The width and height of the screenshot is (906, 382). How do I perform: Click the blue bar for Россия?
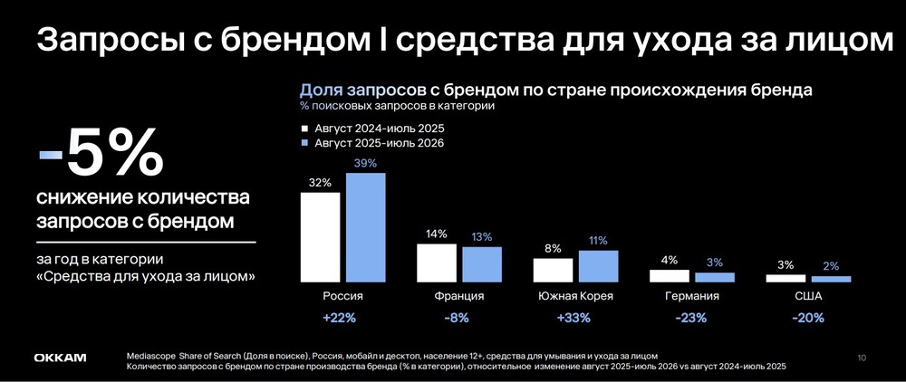click(x=366, y=227)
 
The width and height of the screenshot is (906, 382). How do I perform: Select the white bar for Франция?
click(x=437, y=263)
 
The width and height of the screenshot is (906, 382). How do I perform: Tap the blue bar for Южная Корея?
click(x=598, y=267)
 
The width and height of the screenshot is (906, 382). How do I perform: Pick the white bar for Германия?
click(x=670, y=276)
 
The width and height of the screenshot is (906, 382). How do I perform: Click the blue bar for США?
click(x=831, y=280)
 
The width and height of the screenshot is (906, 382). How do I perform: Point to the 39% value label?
click(x=365, y=163)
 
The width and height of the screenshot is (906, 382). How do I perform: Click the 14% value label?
click(x=437, y=234)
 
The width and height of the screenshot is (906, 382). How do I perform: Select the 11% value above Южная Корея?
click(x=598, y=241)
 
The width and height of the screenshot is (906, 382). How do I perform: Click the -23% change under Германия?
click(x=691, y=318)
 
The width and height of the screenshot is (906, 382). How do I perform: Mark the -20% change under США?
click(x=808, y=318)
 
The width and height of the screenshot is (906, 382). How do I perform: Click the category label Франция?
click(x=459, y=297)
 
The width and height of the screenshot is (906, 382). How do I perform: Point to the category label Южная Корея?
click(x=575, y=297)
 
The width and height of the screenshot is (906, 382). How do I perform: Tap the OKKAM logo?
click(x=60, y=358)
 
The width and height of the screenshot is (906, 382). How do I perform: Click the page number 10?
click(x=863, y=358)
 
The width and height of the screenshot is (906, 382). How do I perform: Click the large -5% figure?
click(x=101, y=153)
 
